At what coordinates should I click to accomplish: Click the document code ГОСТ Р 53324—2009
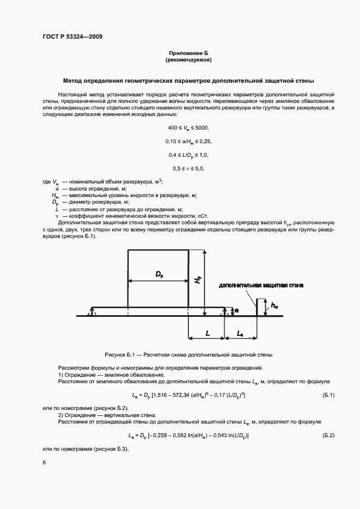pos(71,36)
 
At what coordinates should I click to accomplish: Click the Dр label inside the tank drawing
pos(159,275)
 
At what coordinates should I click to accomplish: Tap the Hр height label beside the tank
pos(198,279)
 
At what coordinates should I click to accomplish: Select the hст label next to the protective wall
pos(274,306)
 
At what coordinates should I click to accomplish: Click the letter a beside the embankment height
pos(236,310)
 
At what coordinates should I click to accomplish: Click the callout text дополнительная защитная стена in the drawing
pos(261,285)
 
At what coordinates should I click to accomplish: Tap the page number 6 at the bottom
pos(44,463)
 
